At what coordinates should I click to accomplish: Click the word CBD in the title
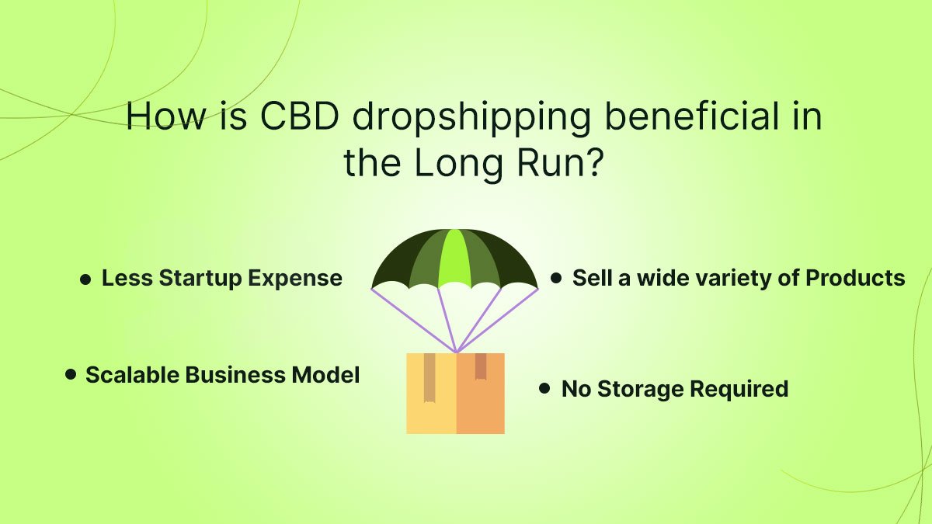coord(300,116)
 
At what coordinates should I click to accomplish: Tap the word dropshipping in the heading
coord(471,119)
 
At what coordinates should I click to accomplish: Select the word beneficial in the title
coord(691,115)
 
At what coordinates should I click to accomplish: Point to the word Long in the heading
coord(459,165)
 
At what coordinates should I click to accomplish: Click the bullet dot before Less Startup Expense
coord(85,279)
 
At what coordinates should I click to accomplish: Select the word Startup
coord(200,279)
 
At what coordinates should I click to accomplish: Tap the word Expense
coord(295,279)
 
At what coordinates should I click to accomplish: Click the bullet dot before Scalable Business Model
coord(71,374)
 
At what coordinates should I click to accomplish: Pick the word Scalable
coord(132,374)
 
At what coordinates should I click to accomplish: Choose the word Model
coord(325,374)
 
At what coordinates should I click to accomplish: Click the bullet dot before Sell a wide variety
coord(556,278)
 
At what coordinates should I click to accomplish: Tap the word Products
coord(855,278)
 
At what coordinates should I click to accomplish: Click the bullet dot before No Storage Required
coord(544,388)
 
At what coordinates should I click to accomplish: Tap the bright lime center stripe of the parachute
coord(454,258)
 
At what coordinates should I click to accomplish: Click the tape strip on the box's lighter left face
coord(429,377)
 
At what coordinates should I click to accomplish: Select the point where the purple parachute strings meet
coord(456,352)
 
